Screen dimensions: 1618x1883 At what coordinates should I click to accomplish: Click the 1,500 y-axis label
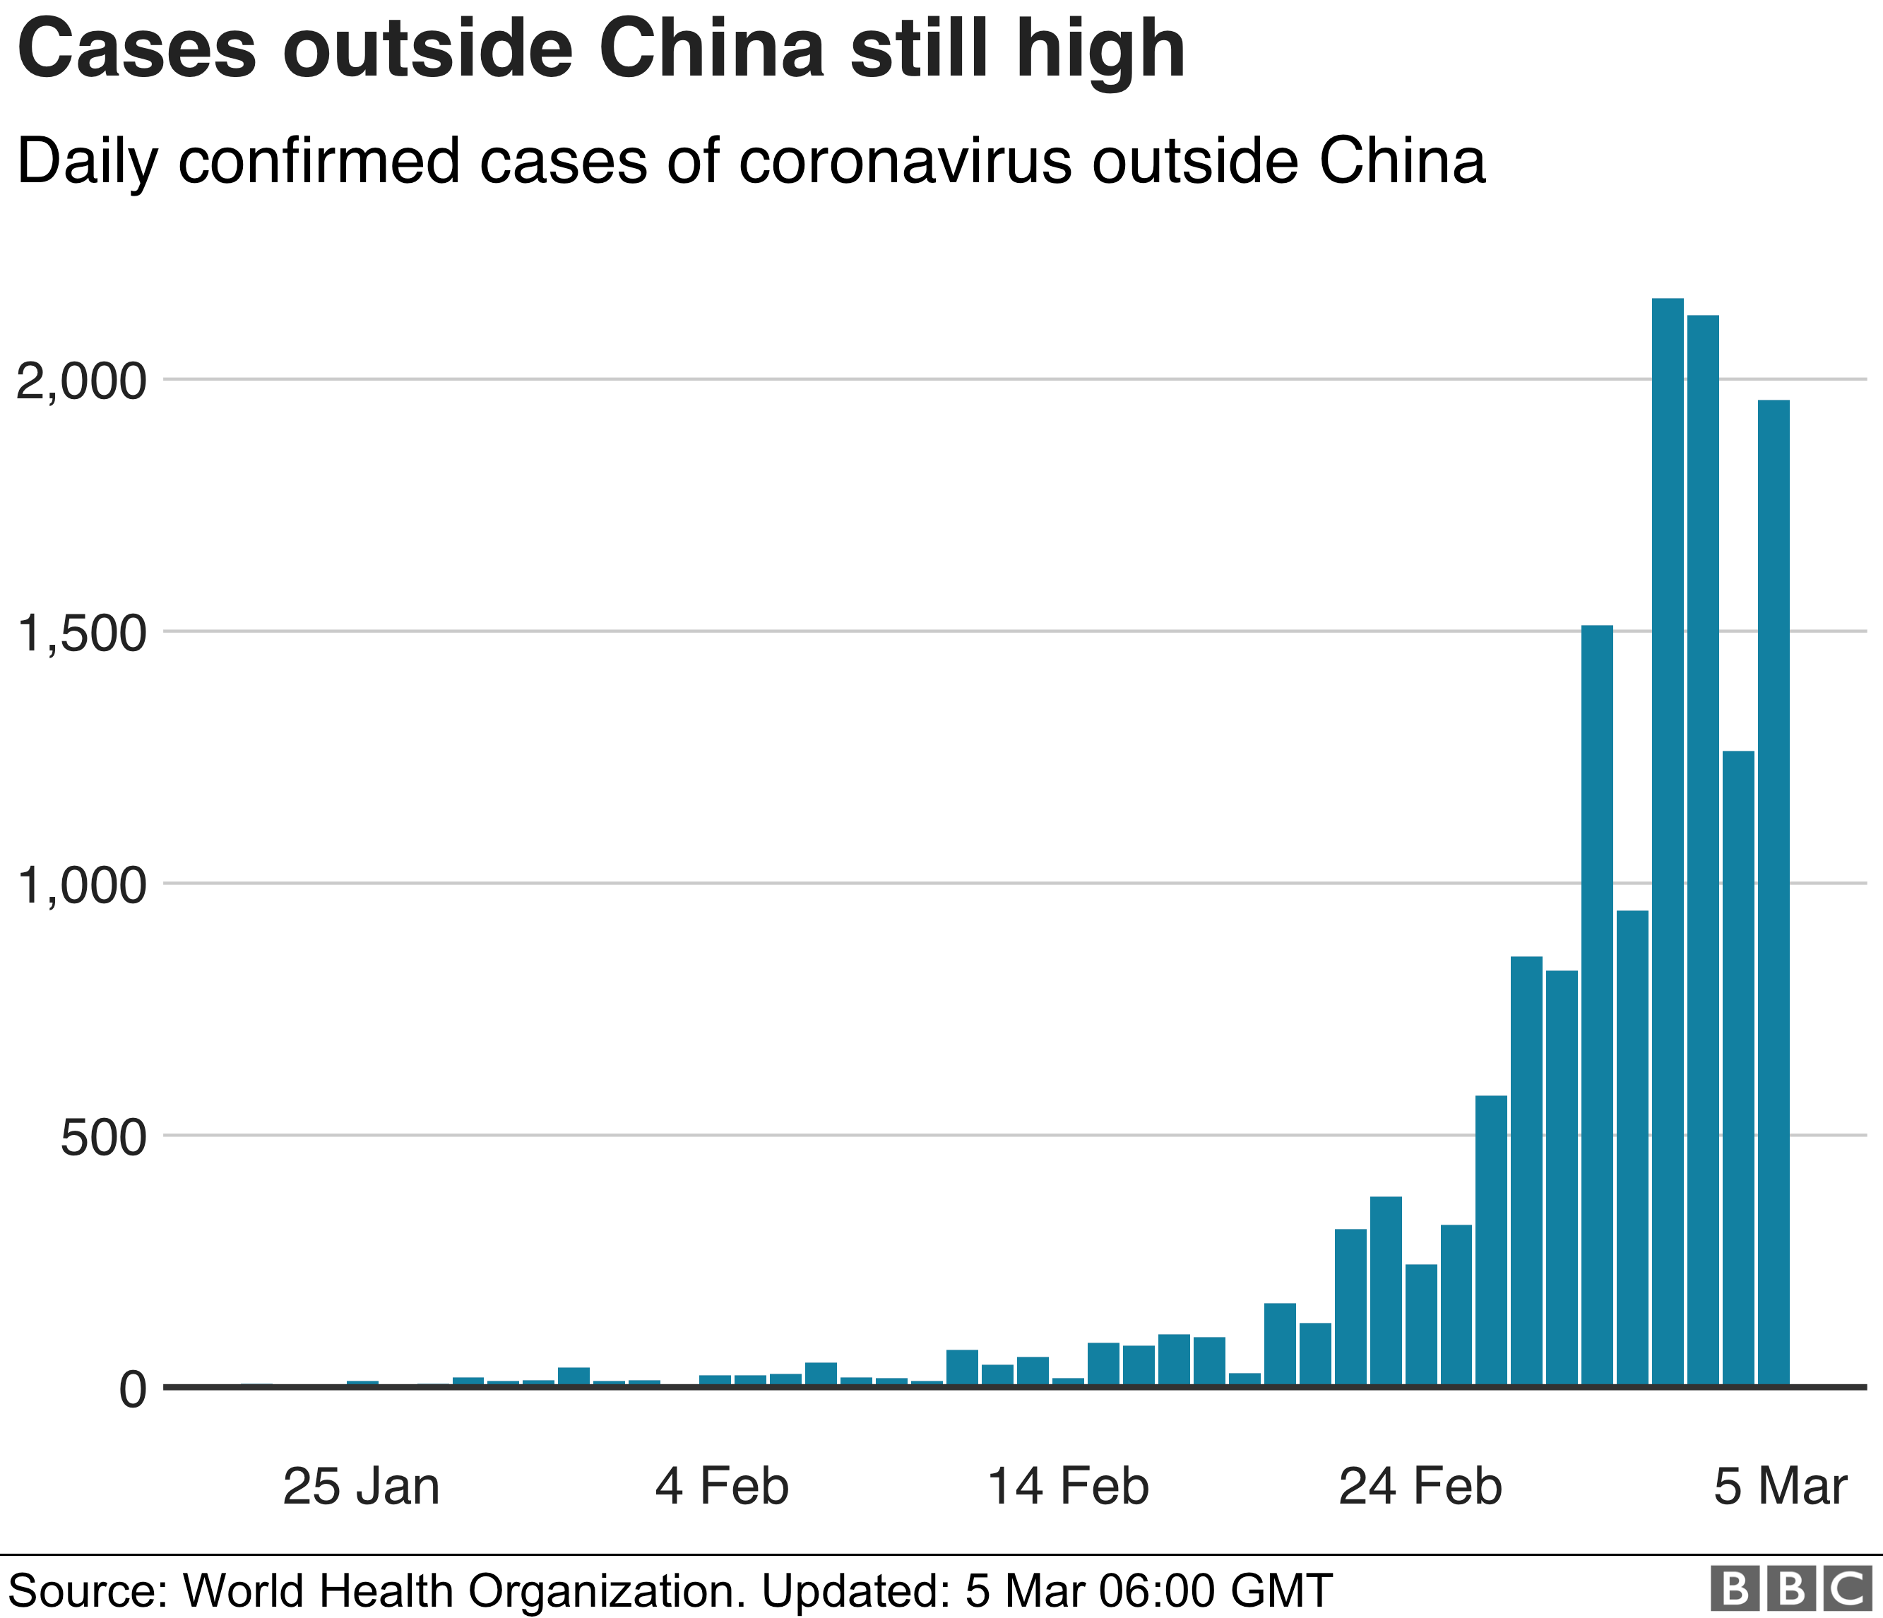(x=81, y=634)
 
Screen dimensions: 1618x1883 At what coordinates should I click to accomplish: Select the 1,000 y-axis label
(x=81, y=886)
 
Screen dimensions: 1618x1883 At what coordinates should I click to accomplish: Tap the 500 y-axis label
(x=102, y=1138)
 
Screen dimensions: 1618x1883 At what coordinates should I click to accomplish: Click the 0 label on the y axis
(x=133, y=1390)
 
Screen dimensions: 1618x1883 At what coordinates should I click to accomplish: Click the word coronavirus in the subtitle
(x=905, y=162)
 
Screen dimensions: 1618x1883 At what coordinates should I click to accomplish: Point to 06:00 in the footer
(x=1157, y=1590)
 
